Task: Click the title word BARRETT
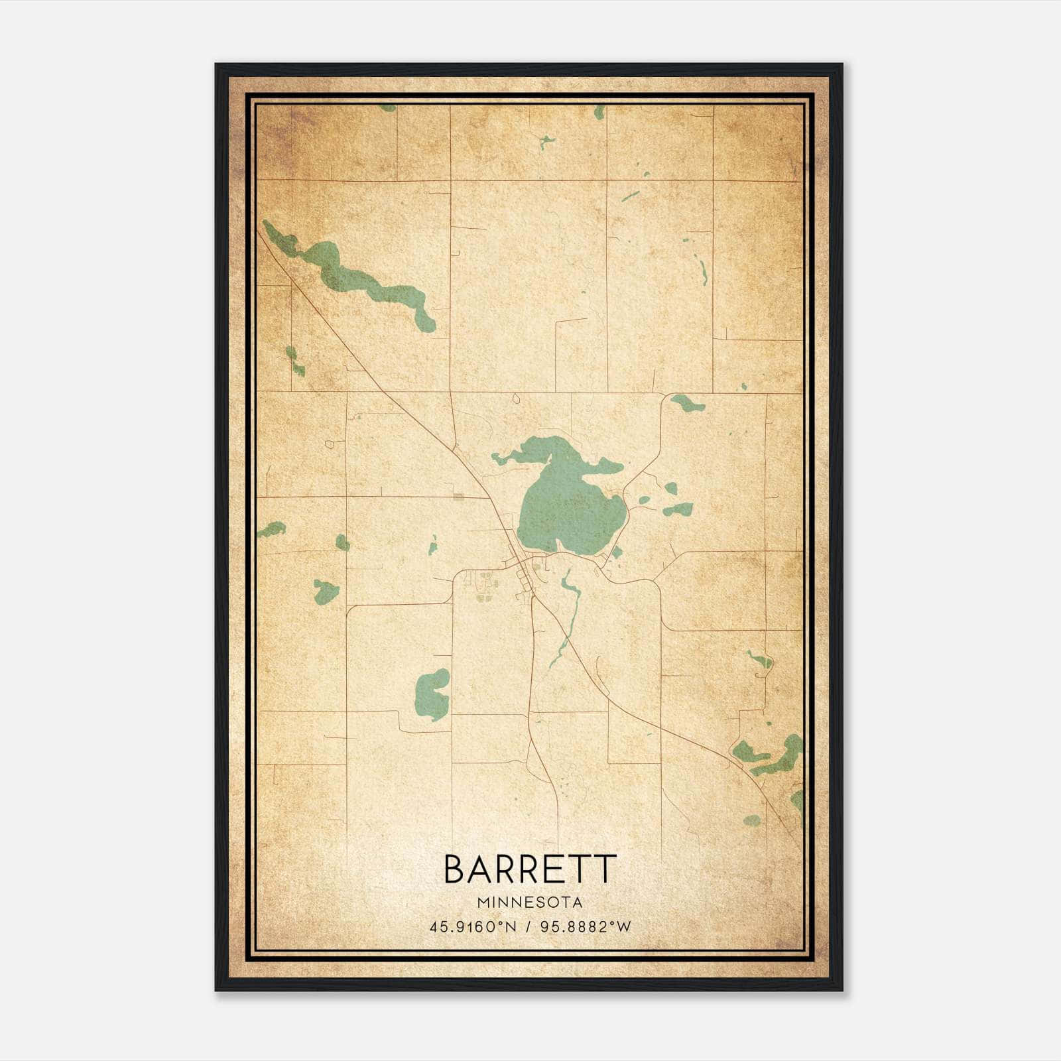[530, 869]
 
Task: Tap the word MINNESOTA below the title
[530, 903]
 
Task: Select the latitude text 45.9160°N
[472, 927]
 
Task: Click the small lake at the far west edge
[271, 529]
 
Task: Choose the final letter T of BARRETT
[605, 869]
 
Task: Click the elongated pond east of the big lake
[678, 509]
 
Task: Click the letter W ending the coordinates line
[623, 927]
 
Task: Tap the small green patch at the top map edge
[599, 111]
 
